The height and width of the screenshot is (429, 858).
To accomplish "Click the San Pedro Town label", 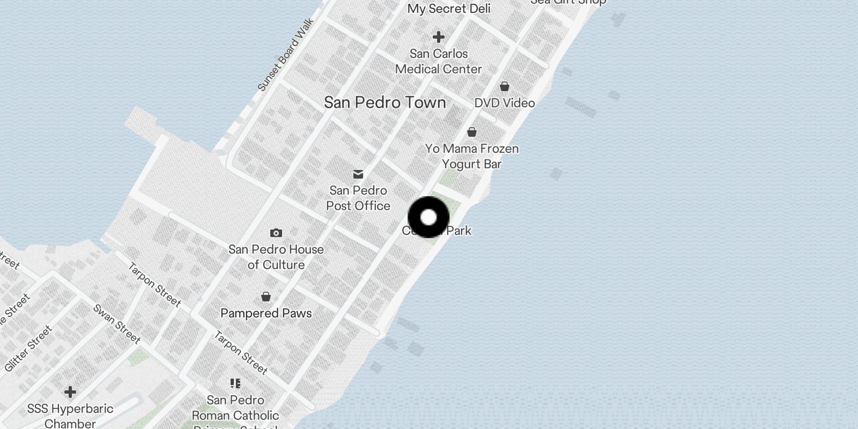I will pyautogui.click(x=384, y=102).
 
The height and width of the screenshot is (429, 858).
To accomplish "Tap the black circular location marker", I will pyautogui.click(x=428, y=217).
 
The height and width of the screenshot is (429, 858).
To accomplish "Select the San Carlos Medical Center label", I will pyautogui.click(x=439, y=61).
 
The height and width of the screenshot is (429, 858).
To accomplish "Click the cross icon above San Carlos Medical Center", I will pyautogui.click(x=439, y=37).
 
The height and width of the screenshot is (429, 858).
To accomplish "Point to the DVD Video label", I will pyautogui.click(x=505, y=103).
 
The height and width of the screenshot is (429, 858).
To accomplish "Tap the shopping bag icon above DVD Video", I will pyautogui.click(x=504, y=86).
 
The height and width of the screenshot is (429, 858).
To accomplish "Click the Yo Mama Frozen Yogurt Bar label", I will pyautogui.click(x=472, y=156).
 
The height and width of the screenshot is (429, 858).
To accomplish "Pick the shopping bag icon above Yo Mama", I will pyautogui.click(x=472, y=131).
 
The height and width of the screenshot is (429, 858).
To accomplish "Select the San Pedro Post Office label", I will pyautogui.click(x=358, y=198).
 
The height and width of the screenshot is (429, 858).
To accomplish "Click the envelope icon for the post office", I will pyautogui.click(x=358, y=174).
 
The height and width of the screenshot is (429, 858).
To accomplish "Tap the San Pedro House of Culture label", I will pyautogui.click(x=276, y=257).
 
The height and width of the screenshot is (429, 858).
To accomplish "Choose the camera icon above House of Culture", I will pyautogui.click(x=276, y=233).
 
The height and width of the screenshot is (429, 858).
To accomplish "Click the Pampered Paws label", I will pyautogui.click(x=266, y=313).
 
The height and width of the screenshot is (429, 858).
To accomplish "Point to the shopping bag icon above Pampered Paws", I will pyautogui.click(x=266, y=297).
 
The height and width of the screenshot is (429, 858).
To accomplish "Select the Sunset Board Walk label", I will pyautogui.click(x=285, y=55).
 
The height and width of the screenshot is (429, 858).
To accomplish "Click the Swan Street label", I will pyautogui.click(x=117, y=324).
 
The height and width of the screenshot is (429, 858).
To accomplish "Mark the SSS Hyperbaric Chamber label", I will pyautogui.click(x=70, y=416).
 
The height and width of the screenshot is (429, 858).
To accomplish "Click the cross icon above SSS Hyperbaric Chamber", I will pyautogui.click(x=70, y=392).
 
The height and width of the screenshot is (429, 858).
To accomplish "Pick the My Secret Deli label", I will pyautogui.click(x=449, y=9).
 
